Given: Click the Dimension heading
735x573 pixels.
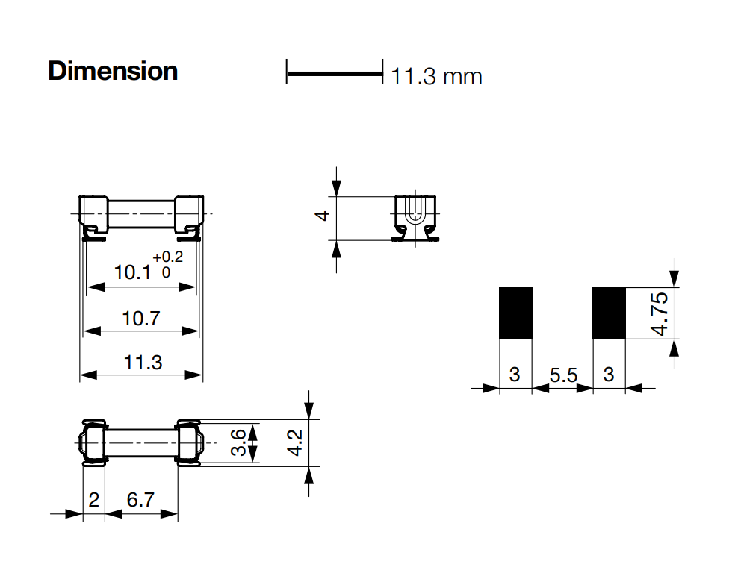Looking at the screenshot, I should coord(113,72).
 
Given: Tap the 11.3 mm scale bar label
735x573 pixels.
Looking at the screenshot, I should coord(437,76).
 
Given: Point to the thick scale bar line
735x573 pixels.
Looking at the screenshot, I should coord(334,73).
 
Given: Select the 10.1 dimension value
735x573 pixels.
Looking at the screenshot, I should coord(132,272).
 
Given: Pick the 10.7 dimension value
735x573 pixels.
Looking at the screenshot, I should coord(141,319).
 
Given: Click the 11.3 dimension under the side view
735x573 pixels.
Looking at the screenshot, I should coord(142,363).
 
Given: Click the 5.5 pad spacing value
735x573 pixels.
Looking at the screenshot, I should coord(563,375).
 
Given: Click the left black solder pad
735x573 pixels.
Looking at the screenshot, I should coord(515,313).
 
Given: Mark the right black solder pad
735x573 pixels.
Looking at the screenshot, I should coord(609,313).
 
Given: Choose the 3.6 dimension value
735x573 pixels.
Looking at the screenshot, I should coord(238,443).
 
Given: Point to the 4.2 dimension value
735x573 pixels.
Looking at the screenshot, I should coord(295,443).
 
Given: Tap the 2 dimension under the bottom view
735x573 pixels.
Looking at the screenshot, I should coord(93,500).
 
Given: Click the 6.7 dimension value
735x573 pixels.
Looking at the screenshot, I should coord(140,500).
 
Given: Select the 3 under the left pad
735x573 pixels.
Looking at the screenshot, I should coord(515,375).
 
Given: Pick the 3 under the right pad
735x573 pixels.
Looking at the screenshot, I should coord(609,375).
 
